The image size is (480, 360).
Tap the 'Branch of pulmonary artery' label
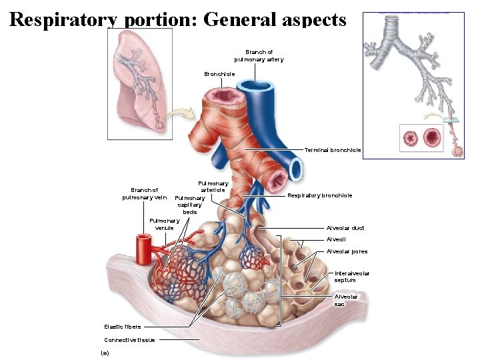coord(259,55)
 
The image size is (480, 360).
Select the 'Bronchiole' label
coord(219,74)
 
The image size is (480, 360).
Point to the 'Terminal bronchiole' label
coord(333,150)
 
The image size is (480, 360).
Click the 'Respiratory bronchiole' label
coord(320,195)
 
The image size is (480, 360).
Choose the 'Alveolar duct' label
coord(345,228)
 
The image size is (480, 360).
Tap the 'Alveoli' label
coord(336,239)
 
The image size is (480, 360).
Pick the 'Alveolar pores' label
coord(347,251)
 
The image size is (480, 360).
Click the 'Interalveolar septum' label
coord(351,277)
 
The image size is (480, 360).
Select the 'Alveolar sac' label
coord(346,300)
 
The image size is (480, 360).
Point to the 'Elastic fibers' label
coord(122,327)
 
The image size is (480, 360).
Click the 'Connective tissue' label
coord(129,340)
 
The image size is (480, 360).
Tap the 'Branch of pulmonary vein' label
coord(144,193)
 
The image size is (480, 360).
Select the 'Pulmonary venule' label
coord(164,224)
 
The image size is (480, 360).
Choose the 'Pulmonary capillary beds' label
coord(190,205)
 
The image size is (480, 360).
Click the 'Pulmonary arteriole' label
coord(213,187)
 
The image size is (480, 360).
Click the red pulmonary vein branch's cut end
coord(142,239)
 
